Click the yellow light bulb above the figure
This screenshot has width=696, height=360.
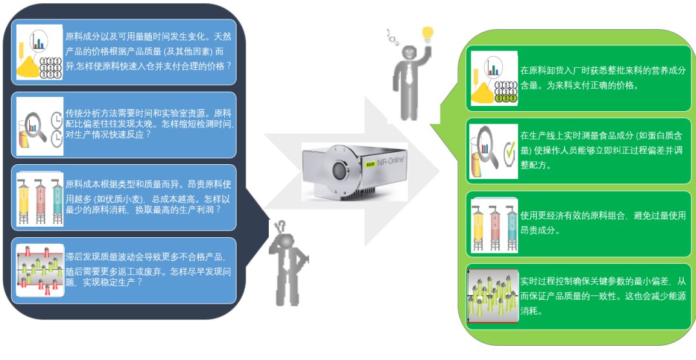click(427, 33)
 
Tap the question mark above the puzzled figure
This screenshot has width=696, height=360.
click(280, 227)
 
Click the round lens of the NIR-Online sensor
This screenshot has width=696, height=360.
click(338, 172)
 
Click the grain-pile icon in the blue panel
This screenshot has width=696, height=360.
click(39, 53)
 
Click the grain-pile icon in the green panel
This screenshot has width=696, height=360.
click(494, 78)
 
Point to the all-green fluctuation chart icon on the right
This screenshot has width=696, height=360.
click(492, 296)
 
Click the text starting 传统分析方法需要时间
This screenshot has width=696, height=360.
click(149, 123)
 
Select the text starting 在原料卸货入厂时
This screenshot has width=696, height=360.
click(602, 77)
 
